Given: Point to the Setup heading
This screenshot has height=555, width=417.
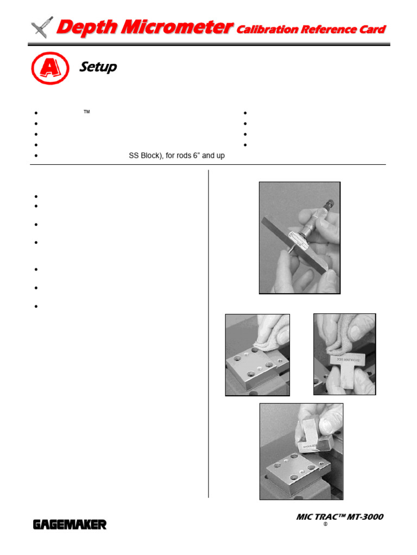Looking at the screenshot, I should (x=98, y=67).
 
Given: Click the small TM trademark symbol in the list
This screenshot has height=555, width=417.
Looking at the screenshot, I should (x=86, y=111).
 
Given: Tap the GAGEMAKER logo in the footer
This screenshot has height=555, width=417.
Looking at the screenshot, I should (x=70, y=524).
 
